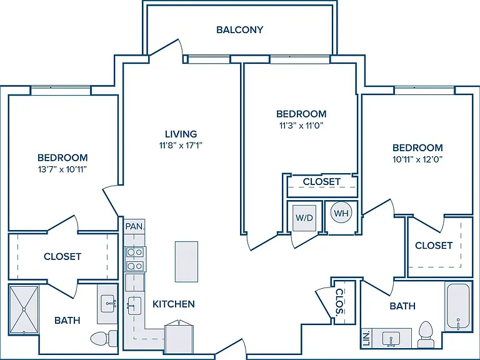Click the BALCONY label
240,30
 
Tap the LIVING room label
181,134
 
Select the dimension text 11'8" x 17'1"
181,145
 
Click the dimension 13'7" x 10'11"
62,169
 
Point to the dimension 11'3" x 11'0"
301,125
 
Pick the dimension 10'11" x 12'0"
417,159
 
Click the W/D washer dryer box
304,218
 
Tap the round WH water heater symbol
341,212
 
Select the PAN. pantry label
134,226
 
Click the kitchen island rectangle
186,261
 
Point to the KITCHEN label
174,304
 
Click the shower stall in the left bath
24,310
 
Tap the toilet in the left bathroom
104,338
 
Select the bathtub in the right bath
458,307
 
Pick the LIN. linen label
366,337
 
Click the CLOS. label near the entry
339,301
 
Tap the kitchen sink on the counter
134,306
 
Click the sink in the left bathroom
107,304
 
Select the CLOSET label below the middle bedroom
322,181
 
